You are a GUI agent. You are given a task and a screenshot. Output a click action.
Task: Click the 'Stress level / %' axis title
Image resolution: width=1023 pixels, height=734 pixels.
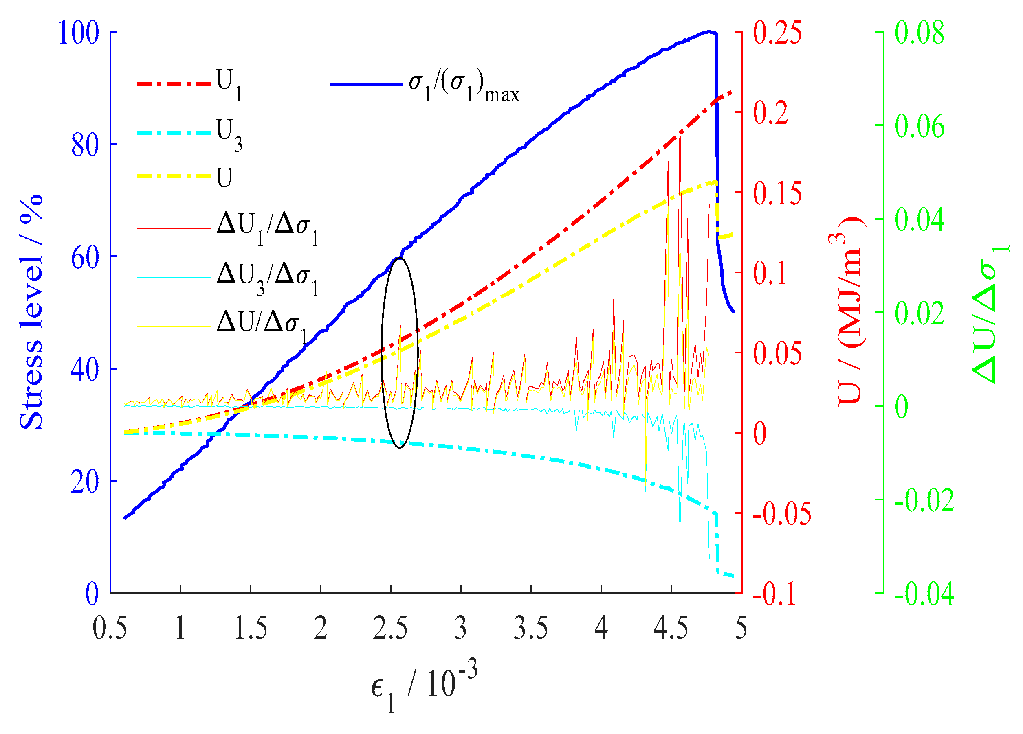click(31, 312)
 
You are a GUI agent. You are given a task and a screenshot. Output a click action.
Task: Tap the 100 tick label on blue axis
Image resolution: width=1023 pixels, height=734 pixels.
click(79, 33)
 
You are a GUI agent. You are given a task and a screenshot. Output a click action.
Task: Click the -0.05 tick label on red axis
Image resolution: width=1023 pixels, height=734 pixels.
click(782, 513)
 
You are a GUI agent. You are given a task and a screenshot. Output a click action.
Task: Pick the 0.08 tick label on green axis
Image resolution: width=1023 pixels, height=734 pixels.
click(919, 33)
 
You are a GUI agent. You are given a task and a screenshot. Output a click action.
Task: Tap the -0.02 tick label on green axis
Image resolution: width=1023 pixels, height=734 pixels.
click(924, 500)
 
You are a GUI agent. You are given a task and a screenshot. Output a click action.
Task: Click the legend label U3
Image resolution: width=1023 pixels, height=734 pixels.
click(229, 134)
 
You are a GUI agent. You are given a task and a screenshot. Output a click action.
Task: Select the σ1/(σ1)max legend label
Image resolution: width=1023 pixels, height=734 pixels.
click(464, 87)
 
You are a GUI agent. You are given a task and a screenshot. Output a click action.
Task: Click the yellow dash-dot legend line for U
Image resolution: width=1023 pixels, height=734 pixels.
click(174, 176)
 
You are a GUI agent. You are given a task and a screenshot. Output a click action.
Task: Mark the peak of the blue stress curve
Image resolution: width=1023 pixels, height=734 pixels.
click(709, 31)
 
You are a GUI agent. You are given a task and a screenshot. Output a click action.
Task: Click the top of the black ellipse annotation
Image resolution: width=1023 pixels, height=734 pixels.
click(399, 257)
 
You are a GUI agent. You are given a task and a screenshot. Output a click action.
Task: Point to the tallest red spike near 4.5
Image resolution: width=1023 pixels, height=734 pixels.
click(680, 116)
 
